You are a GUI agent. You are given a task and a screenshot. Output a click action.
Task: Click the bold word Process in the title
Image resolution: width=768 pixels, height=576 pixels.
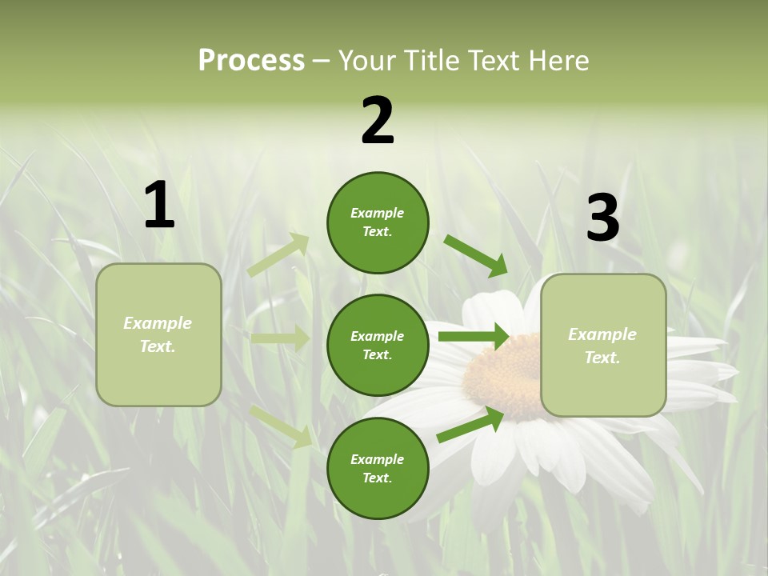tap(251, 61)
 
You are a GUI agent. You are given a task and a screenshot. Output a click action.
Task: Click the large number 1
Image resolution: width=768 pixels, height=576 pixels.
tap(159, 205)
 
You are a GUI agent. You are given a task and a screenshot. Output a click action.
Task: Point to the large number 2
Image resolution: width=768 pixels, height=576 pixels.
tap(378, 121)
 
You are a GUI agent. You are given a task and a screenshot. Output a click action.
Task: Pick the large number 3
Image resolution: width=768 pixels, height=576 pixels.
tap(602, 218)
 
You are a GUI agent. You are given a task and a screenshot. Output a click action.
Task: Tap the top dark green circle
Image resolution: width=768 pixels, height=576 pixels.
tap(378, 222)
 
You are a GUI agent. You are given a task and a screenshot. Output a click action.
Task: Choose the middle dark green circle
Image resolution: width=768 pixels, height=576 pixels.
tap(378, 345)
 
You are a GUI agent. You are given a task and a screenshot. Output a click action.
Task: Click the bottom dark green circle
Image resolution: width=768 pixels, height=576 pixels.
tap(378, 468)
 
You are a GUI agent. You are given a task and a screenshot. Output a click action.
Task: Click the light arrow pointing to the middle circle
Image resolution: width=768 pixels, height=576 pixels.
tap(280, 338)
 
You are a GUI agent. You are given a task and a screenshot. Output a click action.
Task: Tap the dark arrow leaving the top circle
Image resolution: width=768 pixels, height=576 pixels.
tap(476, 256)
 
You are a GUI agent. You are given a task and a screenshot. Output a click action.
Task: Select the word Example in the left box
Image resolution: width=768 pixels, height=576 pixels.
tap(158, 323)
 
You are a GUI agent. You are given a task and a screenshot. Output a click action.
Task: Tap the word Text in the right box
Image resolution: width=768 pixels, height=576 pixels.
tap(602, 358)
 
